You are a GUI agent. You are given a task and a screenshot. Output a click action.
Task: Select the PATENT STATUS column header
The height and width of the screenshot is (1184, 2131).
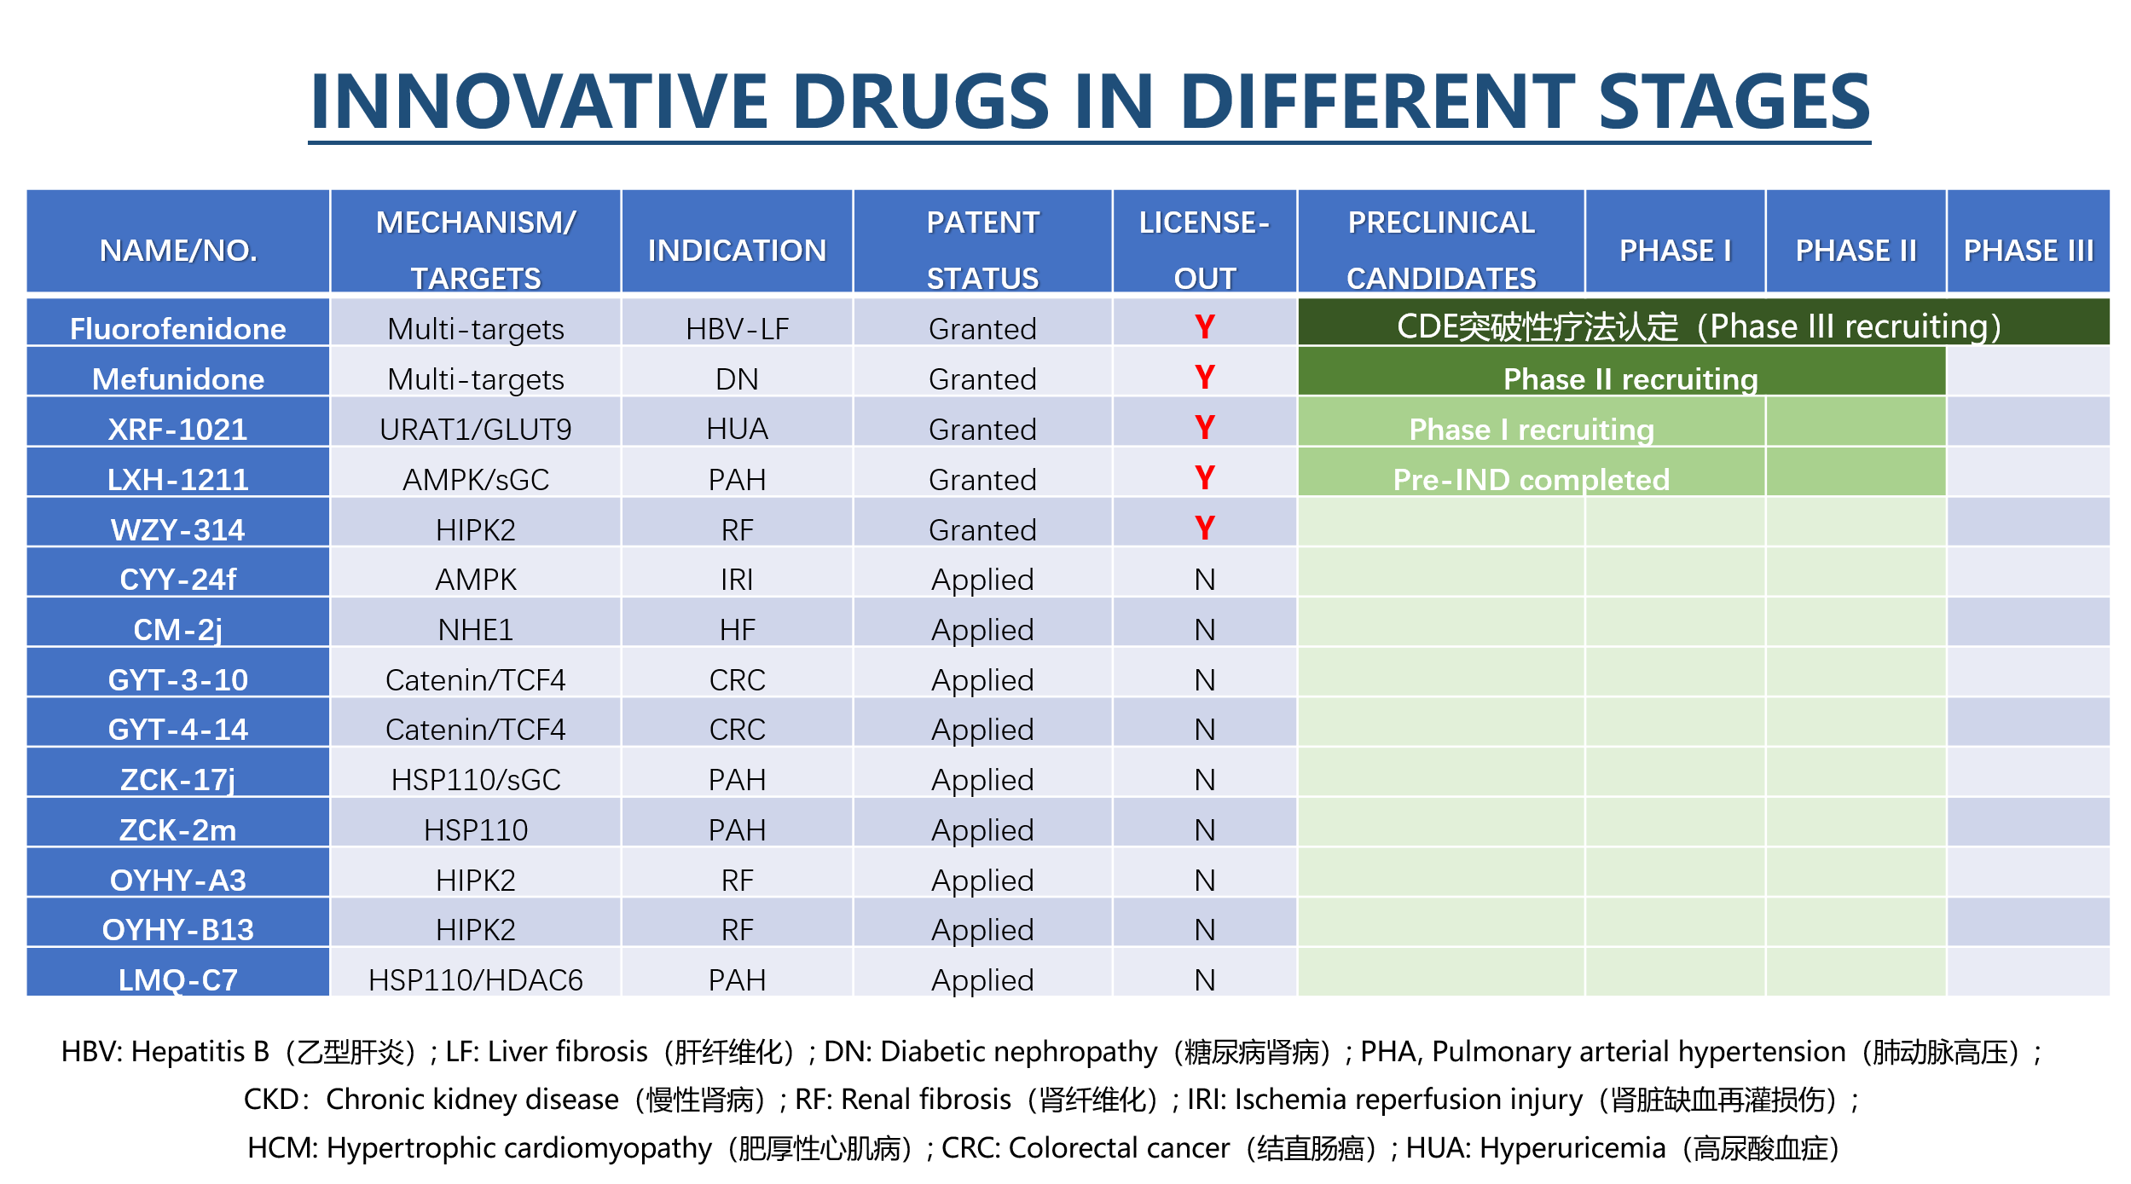982,250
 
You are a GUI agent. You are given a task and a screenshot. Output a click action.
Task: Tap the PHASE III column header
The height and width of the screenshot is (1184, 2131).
2028,251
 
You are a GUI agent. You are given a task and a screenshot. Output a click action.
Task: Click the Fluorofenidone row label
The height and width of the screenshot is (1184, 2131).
177,329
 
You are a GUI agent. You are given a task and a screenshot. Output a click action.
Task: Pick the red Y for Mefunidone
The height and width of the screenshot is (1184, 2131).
1204,377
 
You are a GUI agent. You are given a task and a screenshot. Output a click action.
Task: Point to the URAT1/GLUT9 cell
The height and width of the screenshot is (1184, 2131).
475,429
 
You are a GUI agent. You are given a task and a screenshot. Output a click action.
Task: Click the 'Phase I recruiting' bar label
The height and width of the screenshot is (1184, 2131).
1532,430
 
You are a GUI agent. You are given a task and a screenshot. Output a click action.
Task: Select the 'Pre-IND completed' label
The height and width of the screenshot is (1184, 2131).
1531,480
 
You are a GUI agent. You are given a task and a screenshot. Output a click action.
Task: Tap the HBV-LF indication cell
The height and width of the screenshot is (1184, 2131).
737,329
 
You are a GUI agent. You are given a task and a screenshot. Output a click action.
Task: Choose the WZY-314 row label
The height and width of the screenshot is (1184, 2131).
177,530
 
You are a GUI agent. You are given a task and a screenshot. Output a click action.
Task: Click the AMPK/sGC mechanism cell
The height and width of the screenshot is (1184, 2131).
475,480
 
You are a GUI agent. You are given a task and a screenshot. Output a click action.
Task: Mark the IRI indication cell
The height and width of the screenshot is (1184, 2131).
737,580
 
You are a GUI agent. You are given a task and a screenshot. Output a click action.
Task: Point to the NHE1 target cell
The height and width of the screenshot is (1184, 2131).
475,630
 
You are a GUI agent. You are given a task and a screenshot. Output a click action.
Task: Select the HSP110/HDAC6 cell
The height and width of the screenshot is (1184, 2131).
475,980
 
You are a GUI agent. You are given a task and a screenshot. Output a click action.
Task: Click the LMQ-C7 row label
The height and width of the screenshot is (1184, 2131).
177,980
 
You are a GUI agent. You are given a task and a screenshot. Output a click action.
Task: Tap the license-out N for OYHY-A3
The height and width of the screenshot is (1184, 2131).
1204,880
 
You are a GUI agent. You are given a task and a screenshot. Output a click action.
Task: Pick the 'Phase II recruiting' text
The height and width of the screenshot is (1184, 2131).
1630,379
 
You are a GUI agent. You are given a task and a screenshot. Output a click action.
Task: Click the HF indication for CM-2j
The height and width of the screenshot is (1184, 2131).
737,630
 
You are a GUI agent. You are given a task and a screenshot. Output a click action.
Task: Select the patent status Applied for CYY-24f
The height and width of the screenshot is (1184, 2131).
982,580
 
